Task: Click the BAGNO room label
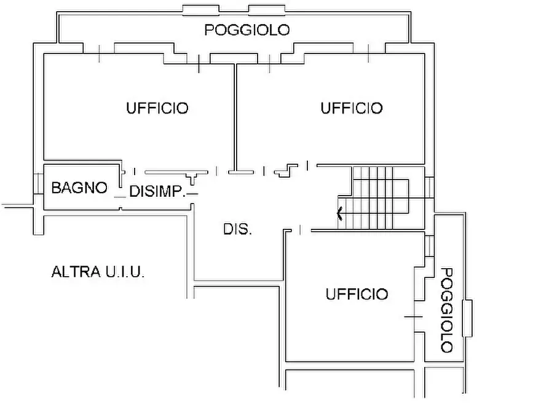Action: point(79,188)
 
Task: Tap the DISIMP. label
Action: point(157,192)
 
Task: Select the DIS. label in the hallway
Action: point(237,230)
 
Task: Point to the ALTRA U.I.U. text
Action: point(98,272)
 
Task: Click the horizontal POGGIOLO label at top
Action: point(247,30)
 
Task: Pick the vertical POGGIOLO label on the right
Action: point(447,310)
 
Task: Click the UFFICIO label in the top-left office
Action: point(157,108)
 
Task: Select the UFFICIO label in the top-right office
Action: point(352,108)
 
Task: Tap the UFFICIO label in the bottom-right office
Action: point(357,295)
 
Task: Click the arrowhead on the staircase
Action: point(340,214)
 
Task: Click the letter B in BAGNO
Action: point(56,188)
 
